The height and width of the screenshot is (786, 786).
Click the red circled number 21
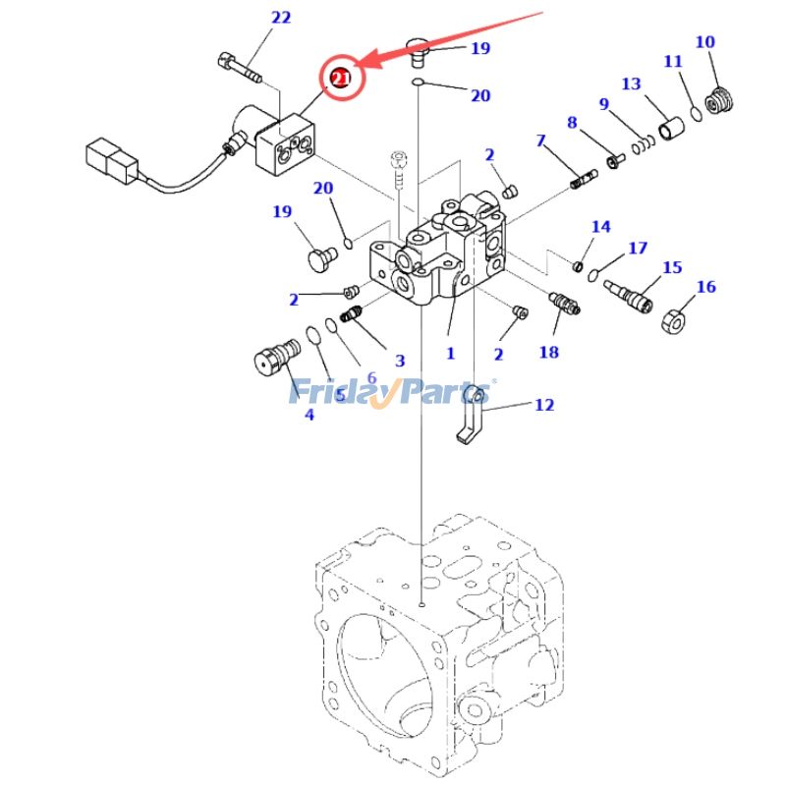(x=340, y=78)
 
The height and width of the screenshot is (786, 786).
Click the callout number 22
(x=253, y=18)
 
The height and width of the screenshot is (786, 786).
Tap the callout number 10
(x=704, y=42)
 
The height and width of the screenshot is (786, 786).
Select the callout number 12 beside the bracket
(x=543, y=404)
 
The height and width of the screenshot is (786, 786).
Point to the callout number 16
(x=705, y=287)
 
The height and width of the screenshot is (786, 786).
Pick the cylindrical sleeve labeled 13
(x=671, y=129)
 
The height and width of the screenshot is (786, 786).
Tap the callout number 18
(x=548, y=351)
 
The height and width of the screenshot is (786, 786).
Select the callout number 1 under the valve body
(x=450, y=353)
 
